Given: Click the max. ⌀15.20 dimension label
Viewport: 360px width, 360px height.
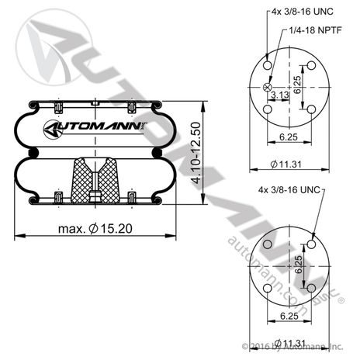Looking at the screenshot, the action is (95, 229).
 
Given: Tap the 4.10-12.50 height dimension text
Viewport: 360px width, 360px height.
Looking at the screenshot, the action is (196, 153).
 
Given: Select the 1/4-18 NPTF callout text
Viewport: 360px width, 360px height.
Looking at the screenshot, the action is (315, 30).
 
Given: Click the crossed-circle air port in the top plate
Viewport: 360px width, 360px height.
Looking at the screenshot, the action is (267, 88).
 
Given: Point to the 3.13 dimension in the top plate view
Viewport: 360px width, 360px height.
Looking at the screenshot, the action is (280, 95).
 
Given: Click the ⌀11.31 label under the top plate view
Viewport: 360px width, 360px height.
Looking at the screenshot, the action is (286, 164).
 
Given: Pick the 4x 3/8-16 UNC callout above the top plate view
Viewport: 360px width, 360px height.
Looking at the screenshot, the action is (303, 12).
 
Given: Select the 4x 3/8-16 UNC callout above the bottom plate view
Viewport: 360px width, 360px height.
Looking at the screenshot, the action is (289, 190).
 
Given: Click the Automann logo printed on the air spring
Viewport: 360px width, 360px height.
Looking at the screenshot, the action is (95, 128).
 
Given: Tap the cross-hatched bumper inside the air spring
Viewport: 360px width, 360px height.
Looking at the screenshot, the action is (95, 180).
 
